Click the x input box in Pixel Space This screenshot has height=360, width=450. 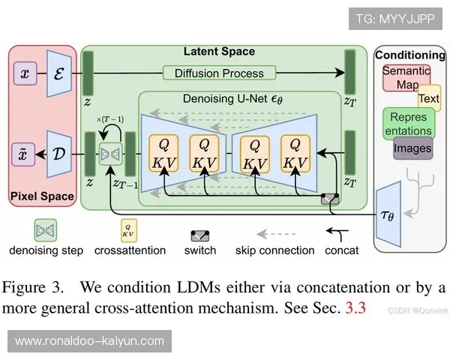pos(25,74)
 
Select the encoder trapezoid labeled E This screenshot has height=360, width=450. pos(58,74)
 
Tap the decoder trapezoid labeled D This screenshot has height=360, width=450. pos(58,154)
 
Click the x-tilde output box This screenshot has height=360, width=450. pos(25,154)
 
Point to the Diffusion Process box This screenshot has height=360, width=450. pos(219,73)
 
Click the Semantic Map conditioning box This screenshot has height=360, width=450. pos(406,77)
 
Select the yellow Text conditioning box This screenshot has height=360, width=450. pos(429,98)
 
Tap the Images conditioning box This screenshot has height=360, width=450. pos(413,148)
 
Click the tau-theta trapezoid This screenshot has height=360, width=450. pos(388,216)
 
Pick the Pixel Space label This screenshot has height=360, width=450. pos(42,196)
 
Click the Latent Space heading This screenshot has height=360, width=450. pos(219,52)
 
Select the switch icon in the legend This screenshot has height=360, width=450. pos(200,235)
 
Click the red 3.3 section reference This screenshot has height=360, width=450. pos(355,308)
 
